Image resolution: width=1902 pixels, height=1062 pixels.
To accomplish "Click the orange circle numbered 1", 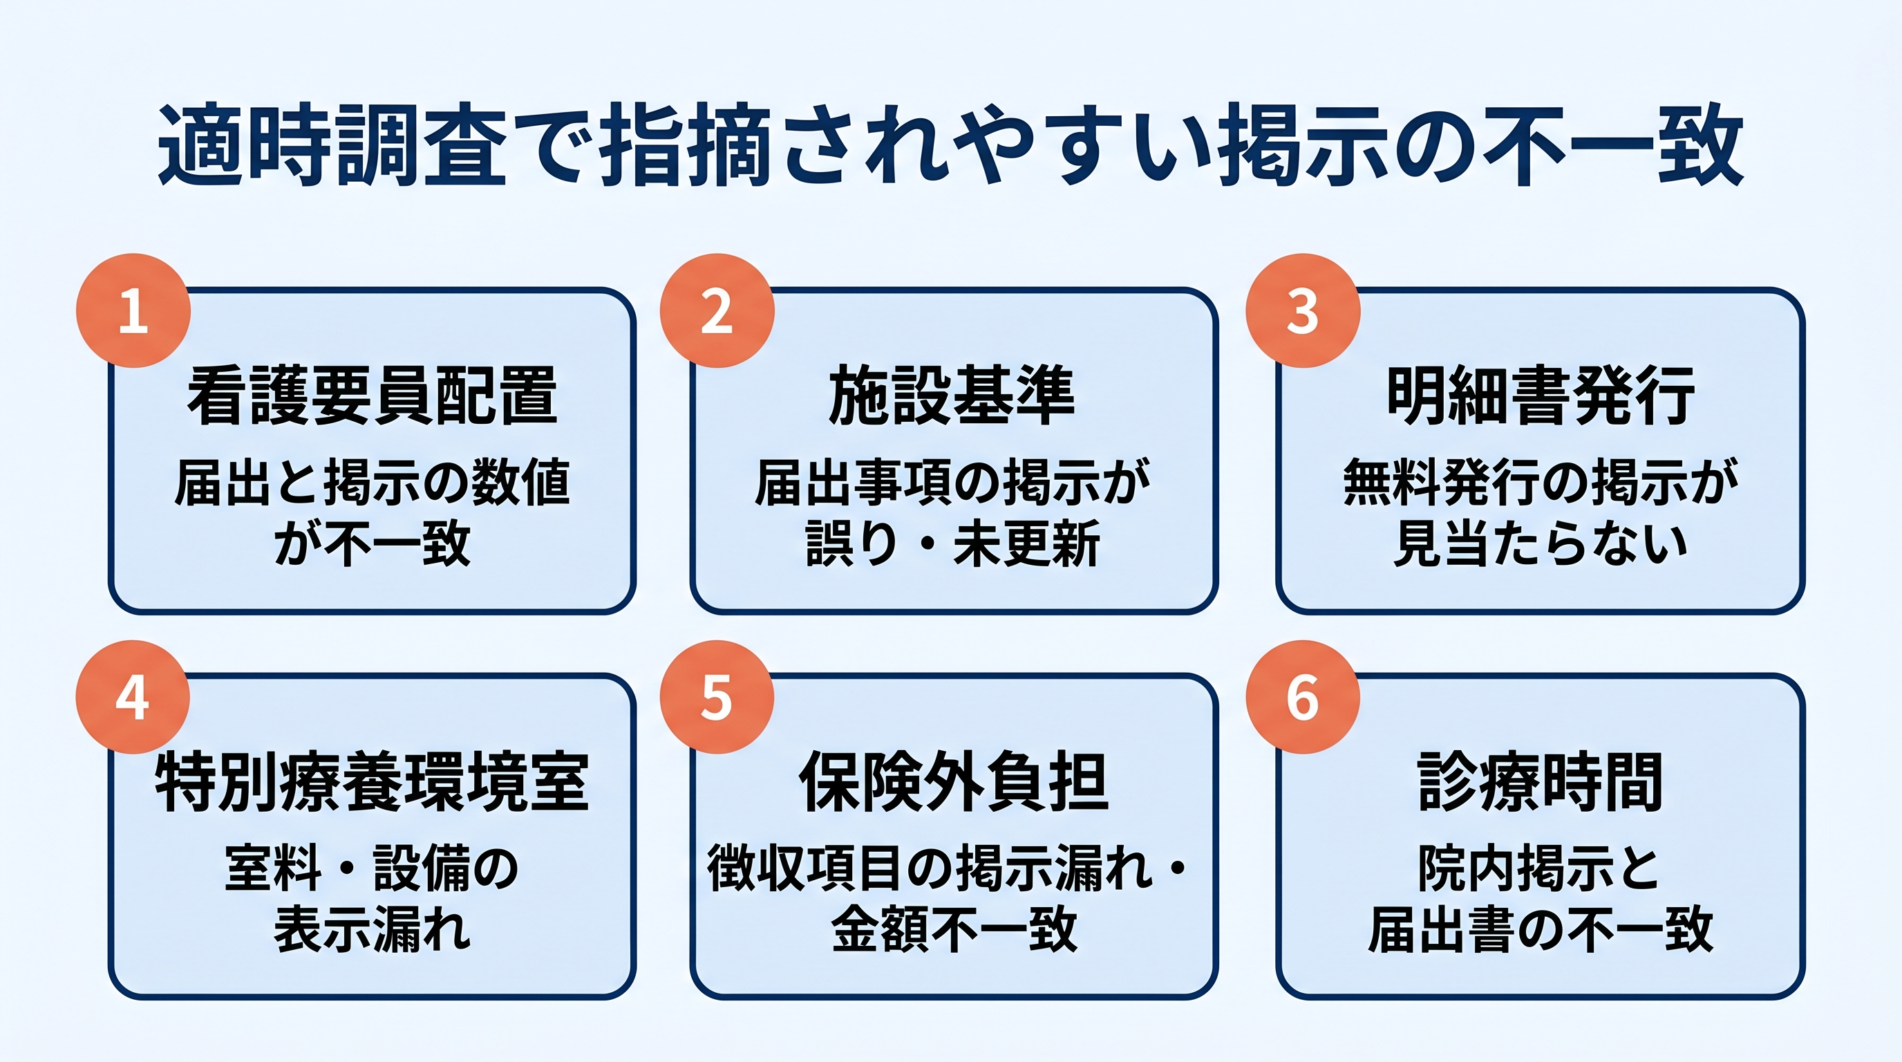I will click(133, 311).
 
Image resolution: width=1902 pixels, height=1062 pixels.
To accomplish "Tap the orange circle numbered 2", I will click(716, 311).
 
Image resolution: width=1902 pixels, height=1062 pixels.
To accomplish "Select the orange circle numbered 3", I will click(1303, 311).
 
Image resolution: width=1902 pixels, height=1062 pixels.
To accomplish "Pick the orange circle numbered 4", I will click(133, 697).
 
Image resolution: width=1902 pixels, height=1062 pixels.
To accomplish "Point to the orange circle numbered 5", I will click(716, 697).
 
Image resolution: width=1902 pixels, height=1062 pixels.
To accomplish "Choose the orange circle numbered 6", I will click(1303, 697).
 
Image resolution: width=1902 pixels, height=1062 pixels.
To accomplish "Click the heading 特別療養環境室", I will click(372, 782).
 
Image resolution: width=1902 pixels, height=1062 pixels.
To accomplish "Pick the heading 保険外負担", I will click(953, 782).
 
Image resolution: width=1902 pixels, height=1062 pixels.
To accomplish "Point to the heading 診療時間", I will click(1541, 782).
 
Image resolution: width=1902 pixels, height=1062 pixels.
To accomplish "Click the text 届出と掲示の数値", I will click(372, 483).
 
